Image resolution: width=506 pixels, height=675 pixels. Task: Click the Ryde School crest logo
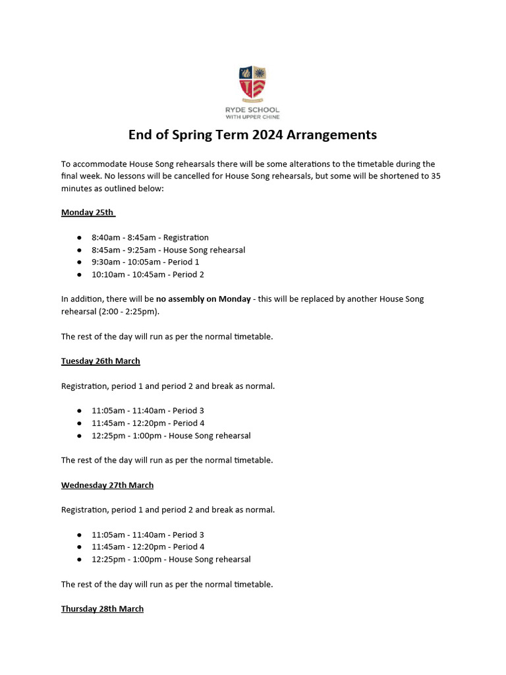point(252,83)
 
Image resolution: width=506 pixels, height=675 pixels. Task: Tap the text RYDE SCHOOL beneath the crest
point(252,109)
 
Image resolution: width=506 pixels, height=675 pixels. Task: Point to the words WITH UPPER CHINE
point(252,117)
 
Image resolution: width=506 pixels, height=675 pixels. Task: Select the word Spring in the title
point(186,135)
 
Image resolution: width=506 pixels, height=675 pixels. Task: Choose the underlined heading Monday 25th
point(88,212)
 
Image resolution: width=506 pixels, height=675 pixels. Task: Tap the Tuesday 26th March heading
point(100,361)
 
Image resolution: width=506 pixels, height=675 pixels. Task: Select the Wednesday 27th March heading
point(107,485)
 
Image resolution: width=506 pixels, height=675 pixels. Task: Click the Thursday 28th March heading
point(102,608)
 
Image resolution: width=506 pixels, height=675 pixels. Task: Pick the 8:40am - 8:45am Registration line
point(150,237)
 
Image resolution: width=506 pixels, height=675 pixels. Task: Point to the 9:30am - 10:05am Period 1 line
point(146,262)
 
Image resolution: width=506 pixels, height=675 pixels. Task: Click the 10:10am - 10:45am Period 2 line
point(148,274)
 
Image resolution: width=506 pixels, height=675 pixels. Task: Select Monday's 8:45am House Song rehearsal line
point(168,250)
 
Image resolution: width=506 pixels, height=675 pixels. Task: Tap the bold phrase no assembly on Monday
point(203,299)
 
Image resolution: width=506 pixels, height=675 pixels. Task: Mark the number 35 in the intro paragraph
point(436,176)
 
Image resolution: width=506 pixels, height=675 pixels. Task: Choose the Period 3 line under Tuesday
point(148,411)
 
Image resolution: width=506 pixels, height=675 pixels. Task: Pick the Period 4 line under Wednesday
point(148,546)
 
